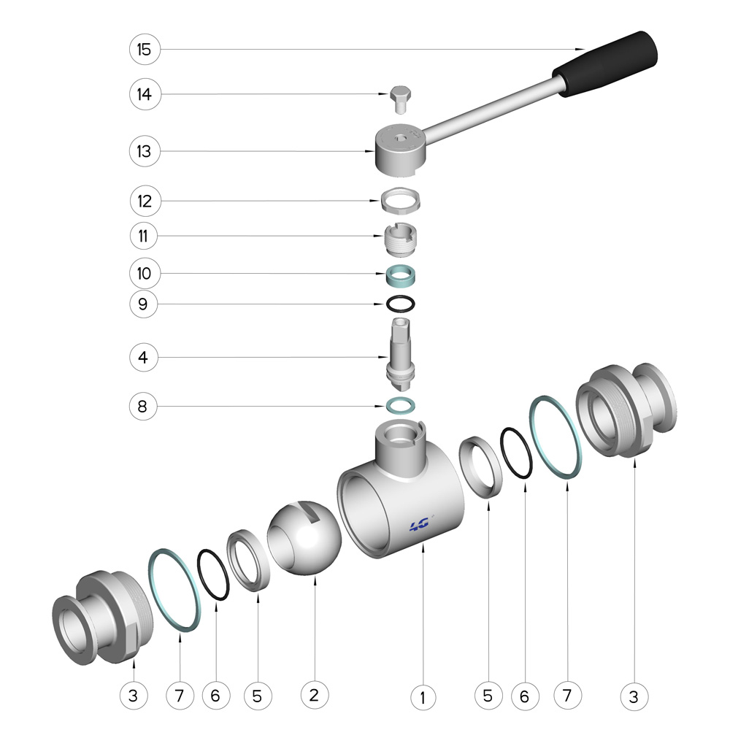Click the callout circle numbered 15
145,50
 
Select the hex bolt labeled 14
400,99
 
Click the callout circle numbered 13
145,151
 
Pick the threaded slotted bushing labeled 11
400,239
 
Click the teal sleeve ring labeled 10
400,276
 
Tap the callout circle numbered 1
423,697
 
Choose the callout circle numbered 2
315,695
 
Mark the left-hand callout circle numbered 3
134,696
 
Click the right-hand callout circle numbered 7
567,695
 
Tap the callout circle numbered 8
143,406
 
